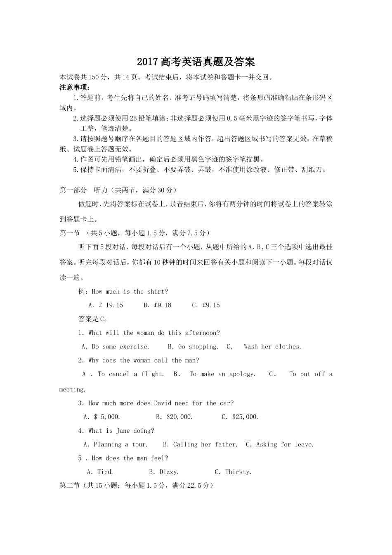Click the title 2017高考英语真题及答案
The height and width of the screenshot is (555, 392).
coord(196,62)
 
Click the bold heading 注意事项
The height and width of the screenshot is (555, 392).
coord(75,88)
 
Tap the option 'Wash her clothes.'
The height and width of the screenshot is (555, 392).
coord(272,347)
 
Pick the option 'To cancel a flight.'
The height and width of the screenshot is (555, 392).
coord(131,374)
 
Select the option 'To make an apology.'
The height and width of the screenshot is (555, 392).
coord(222,374)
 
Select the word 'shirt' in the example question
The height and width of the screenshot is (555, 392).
coord(156,292)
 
